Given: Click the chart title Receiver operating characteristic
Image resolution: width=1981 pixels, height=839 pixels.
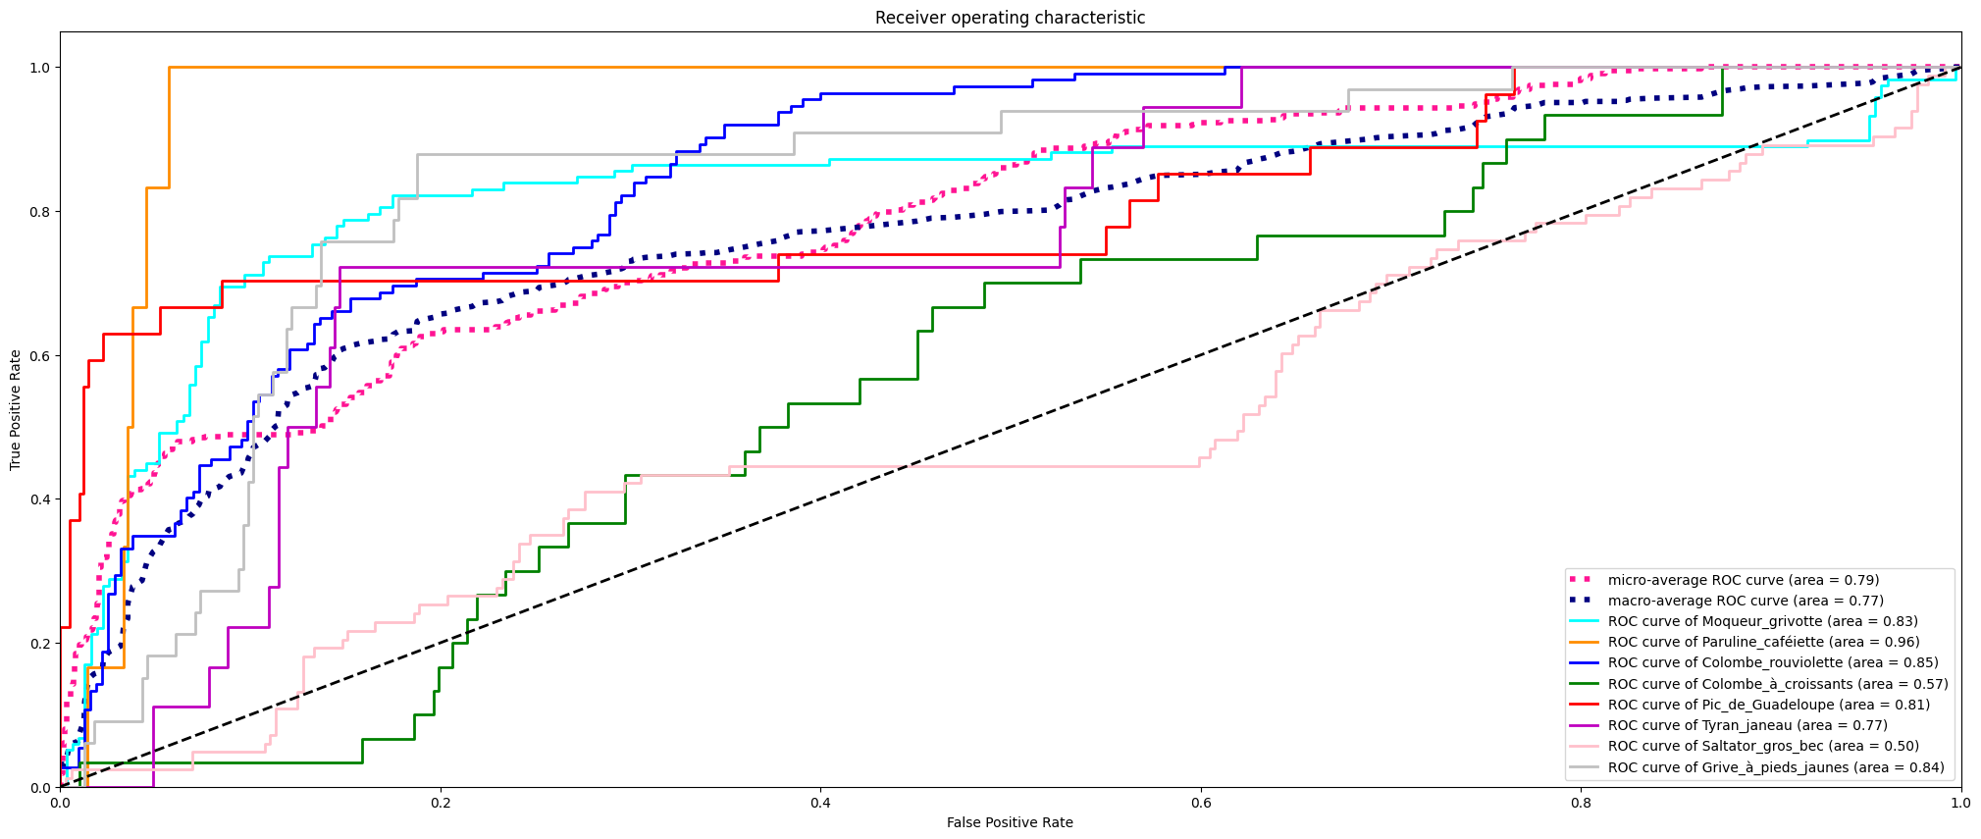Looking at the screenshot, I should (x=1010, y=18).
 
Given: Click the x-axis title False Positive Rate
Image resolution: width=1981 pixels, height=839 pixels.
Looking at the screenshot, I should (x=1010, y=822).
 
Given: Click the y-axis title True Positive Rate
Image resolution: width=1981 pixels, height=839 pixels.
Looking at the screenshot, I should (x=16, y=409).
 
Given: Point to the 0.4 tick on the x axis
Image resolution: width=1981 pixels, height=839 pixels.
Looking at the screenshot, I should (x=820, y=788).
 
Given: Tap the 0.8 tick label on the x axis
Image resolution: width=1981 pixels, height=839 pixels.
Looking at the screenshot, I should (x=1581, y=803).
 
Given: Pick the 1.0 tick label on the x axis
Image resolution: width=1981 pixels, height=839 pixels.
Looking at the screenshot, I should (x=1960, y=803).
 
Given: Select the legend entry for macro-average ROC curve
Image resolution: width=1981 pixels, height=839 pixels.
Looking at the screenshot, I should (x=1746, y=601).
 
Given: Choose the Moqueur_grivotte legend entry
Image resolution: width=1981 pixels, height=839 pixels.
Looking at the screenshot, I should (x=1762, y=621).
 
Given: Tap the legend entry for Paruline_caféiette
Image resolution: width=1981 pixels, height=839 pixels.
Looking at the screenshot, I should (x=1763, y=642).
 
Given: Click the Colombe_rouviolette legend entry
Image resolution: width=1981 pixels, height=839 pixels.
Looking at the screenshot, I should (x=1773, y=662).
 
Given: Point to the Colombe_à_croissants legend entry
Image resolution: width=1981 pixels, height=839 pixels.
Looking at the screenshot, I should (x=1778, y=684).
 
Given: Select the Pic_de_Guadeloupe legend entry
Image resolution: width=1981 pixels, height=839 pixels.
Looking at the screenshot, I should (x=1768, y=705).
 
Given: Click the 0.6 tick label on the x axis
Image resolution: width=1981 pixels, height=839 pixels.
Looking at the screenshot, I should (x=1200, y=803).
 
